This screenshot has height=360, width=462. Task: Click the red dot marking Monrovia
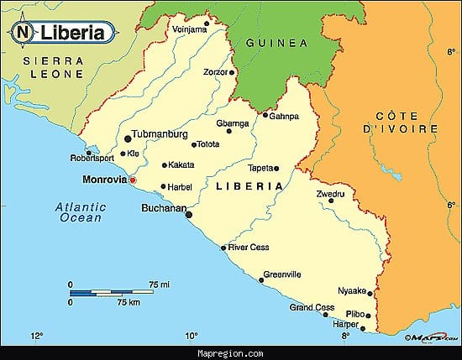coord(132,180)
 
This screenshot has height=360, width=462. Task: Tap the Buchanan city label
coord(163,207)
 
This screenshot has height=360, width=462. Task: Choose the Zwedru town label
coord(330,194)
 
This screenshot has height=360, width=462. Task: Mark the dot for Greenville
coord(261,279)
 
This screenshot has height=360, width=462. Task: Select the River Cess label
coord(249,248)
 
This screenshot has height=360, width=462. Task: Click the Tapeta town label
coord(261,168)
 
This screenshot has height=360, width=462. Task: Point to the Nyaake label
coord(351,290)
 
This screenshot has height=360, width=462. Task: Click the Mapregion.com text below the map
coord(230,353)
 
